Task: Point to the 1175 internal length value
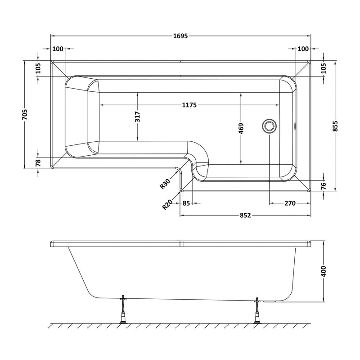[x=189, y=105]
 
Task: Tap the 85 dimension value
[x=186, y=203]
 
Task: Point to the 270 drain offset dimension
[x=289, y=203]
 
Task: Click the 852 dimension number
[x=244, y=216]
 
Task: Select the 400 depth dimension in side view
[x=324, y=271]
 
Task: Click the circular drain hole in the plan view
[x=270, y=126]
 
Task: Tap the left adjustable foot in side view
[x=123, y=309]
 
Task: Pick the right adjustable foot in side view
[x=258, y=309]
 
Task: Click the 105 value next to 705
[x=38, y=68]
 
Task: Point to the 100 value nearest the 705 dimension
[x=58, y=49]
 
